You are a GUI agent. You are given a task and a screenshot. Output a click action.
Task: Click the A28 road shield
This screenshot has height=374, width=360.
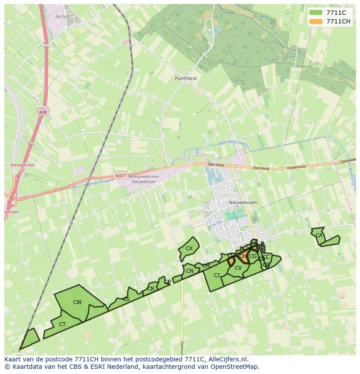point(42,112)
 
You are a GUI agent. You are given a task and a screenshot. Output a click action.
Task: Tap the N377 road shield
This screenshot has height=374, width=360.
point(121,176)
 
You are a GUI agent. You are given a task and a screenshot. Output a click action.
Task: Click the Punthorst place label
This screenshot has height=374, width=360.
point(186,79)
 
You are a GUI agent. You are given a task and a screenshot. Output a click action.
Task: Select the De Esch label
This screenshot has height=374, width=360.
point(63,16)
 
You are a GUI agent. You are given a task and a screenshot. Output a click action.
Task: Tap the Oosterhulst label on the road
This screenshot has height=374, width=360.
point(297,167)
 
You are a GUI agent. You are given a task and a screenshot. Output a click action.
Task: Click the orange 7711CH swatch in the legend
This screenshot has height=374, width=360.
point(316,21)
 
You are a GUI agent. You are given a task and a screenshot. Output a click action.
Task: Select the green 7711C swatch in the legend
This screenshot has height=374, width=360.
point(316,13)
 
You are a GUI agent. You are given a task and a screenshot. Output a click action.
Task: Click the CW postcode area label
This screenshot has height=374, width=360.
point(77,302)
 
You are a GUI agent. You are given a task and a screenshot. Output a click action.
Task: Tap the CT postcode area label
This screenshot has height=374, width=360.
point(63,324)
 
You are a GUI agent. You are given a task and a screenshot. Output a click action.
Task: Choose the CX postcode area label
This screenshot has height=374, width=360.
point(189,248)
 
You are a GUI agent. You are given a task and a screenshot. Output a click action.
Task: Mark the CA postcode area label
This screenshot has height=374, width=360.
point(319,235)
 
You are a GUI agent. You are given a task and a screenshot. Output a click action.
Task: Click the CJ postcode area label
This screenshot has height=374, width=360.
point(217,275)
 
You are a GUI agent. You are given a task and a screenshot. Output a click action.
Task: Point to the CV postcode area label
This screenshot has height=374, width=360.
point(238,268)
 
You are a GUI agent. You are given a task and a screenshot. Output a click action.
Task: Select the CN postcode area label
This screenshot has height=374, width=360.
point(190,271)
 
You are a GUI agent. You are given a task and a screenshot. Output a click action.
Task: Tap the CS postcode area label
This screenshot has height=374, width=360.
point(126,299)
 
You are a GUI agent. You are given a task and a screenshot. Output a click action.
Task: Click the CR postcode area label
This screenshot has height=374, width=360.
point(151,288)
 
